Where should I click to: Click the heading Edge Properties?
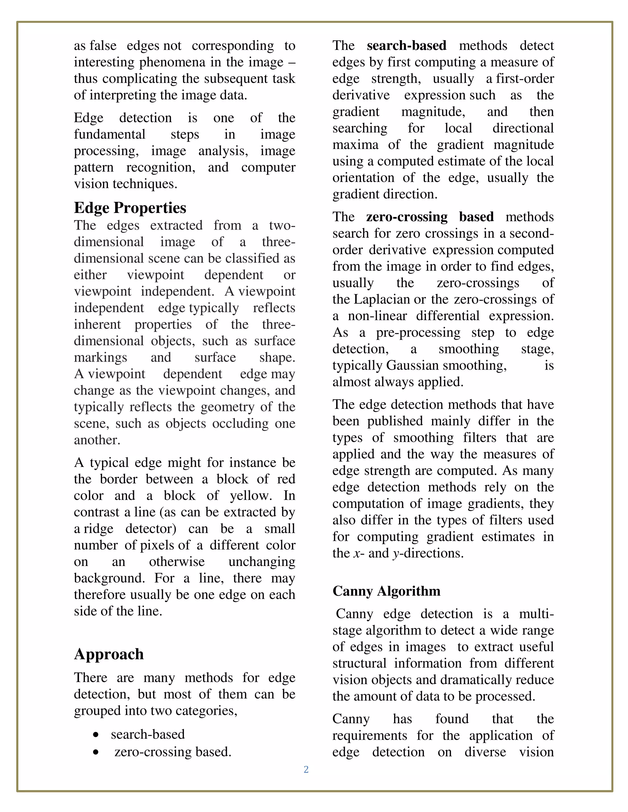pos(130,208)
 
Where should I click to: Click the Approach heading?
pos(109,654)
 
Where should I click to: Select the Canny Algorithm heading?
pos(386,591)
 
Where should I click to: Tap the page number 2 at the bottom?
pos(306,769)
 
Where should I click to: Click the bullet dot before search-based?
pos(96,735)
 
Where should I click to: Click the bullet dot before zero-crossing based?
pos(96,752)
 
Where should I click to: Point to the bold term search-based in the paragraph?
pos(406,45)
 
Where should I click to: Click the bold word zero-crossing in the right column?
pos(406,217)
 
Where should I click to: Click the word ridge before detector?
pos(98,529)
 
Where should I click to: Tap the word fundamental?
pos(109,134)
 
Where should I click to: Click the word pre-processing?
pos(418,332)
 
